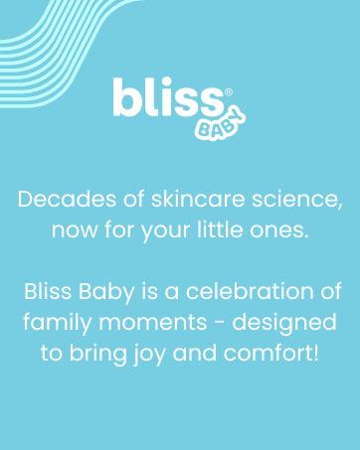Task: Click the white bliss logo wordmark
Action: coord(167,99)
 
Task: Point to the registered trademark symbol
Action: coord(229,91)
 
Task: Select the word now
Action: coord(74,231)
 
